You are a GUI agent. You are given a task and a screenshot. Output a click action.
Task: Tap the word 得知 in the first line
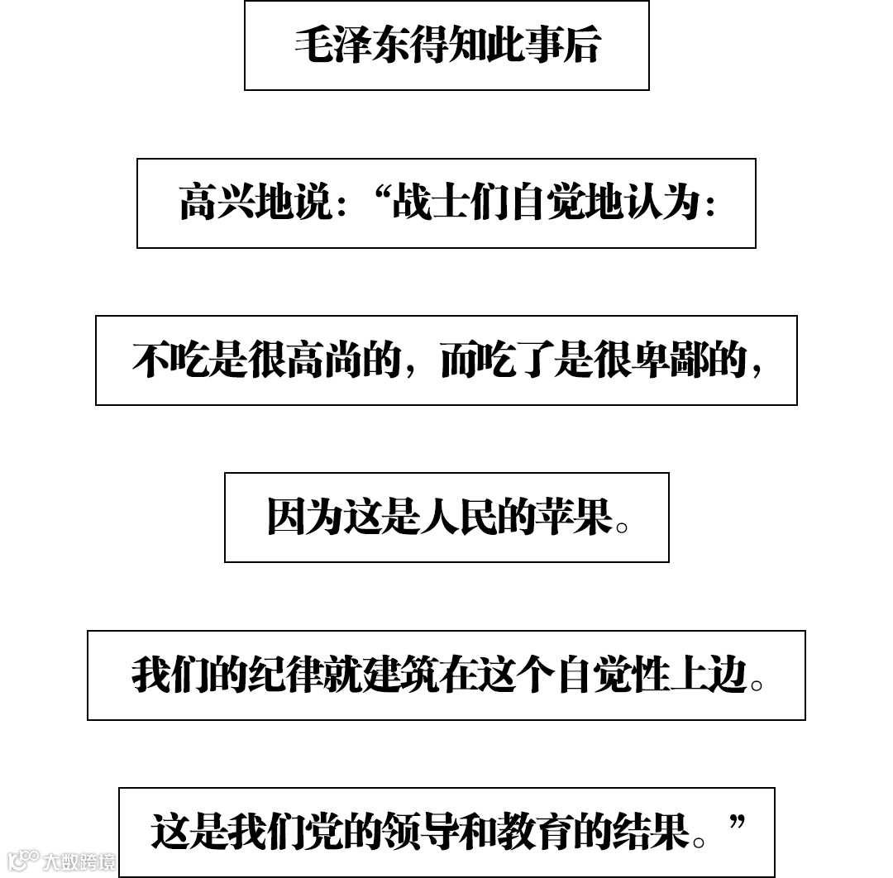click(x=447, y=45)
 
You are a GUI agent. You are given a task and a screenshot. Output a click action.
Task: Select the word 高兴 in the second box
click(x=217, y=203)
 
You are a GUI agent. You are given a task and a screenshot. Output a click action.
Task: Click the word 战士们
click(x=448, y=203)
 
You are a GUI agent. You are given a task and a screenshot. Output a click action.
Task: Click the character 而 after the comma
click(x=457, y=360)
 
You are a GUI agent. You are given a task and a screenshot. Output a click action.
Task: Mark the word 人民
click(x=457, y=518)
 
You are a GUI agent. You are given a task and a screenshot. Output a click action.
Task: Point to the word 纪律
click(x=285, y=675)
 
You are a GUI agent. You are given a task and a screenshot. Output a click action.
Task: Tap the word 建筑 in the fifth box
click(x=399, y=675)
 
